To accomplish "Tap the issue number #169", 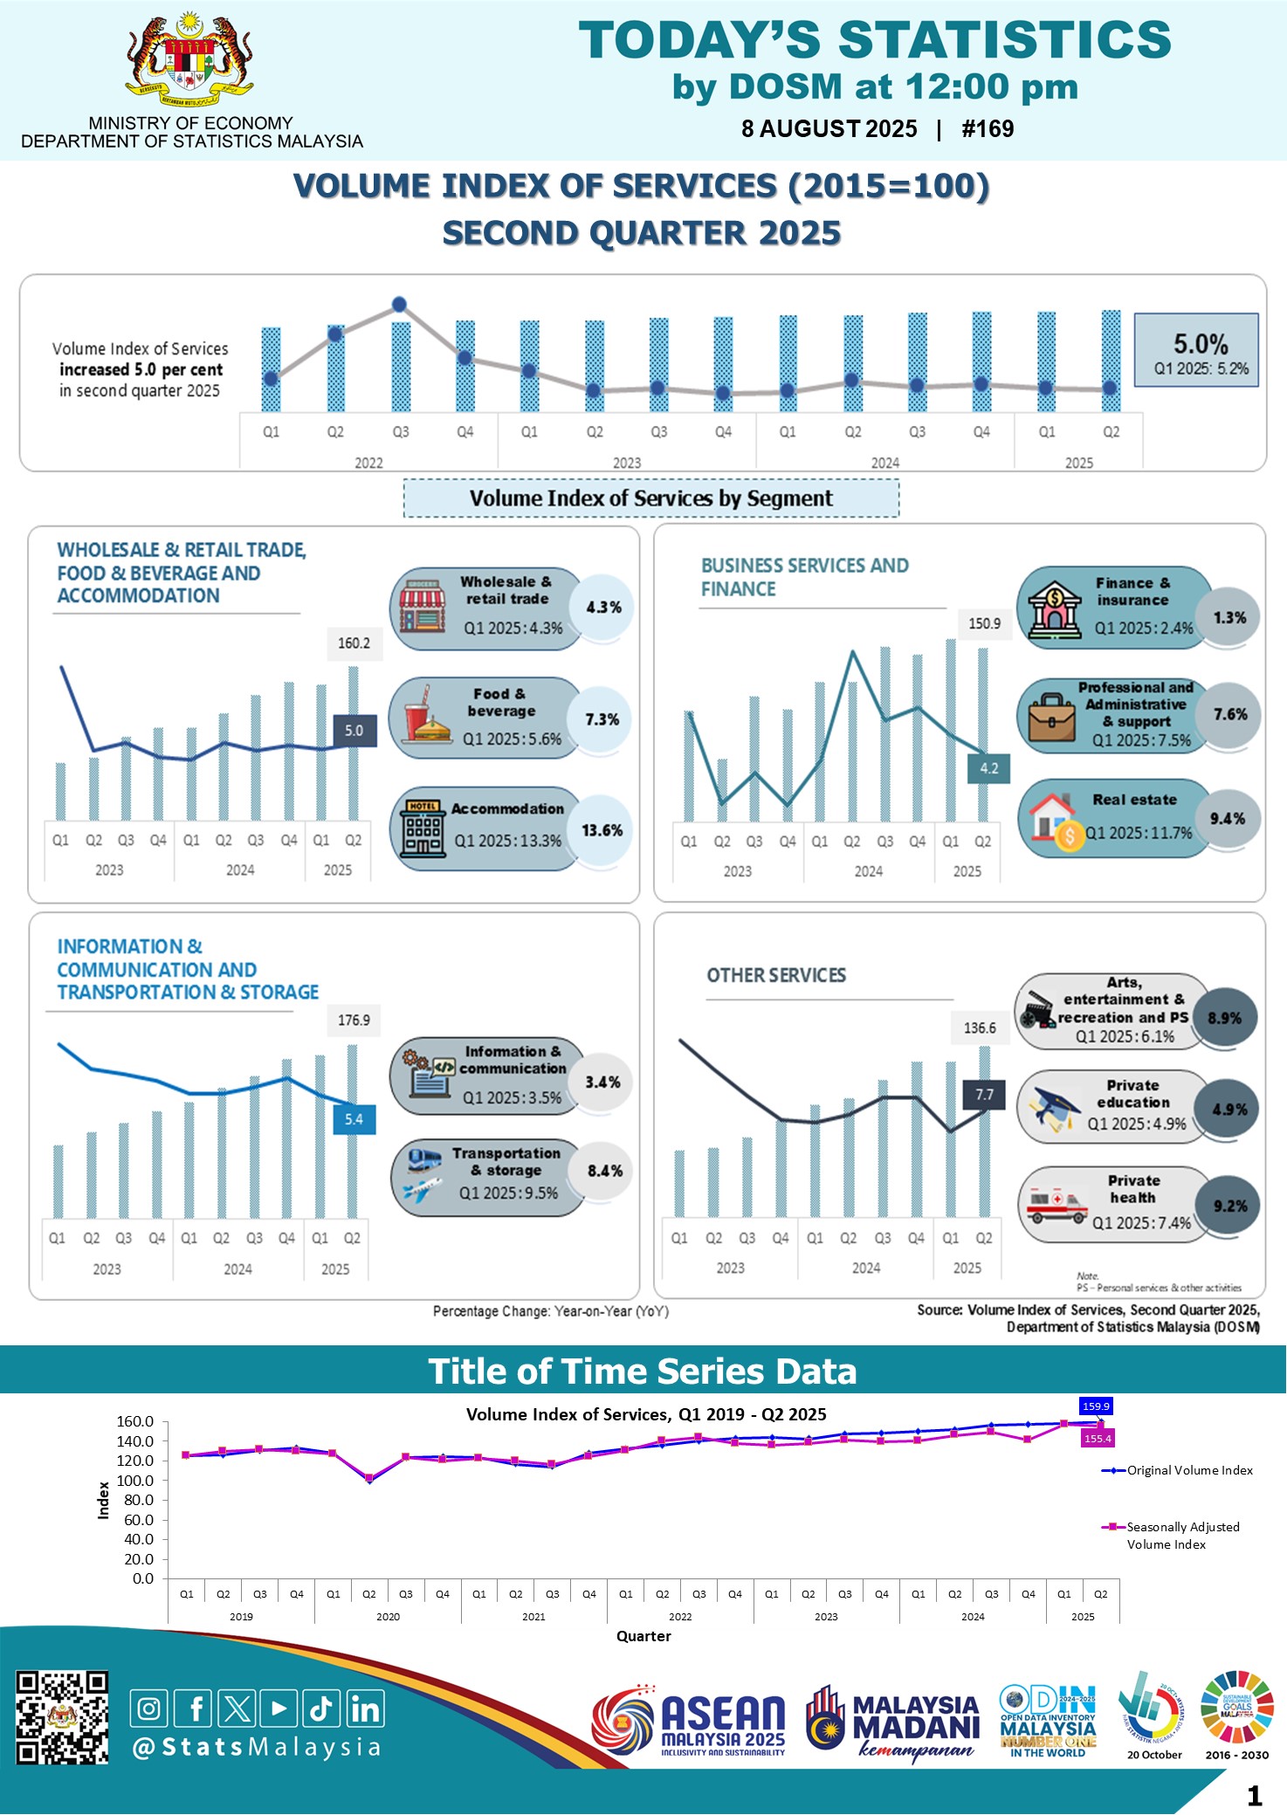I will (x=988, y=129).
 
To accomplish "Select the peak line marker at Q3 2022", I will (x=400, y=305).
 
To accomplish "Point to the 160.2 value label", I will (x=354, y=643).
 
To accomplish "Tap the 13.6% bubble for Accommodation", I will (x=602, y=830).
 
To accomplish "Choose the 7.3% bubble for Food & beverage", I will (x=602, y=719).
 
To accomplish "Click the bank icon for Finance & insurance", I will (x=1054, y=608).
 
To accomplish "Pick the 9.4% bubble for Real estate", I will (x=1227, y=818).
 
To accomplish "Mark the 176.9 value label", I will (x=354, y=1020).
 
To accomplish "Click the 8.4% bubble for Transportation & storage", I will (x=604, y=1171).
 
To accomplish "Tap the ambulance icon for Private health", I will (x=1056, y=1206).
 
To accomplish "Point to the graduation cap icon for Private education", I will (x=1054, y=1110).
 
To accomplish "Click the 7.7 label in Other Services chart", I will (x=984, y=1095).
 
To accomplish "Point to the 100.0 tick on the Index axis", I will (x=134, y=1481).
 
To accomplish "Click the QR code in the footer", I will (x=62, y=1717).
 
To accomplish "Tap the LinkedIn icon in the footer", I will (x=365, y=1708).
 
